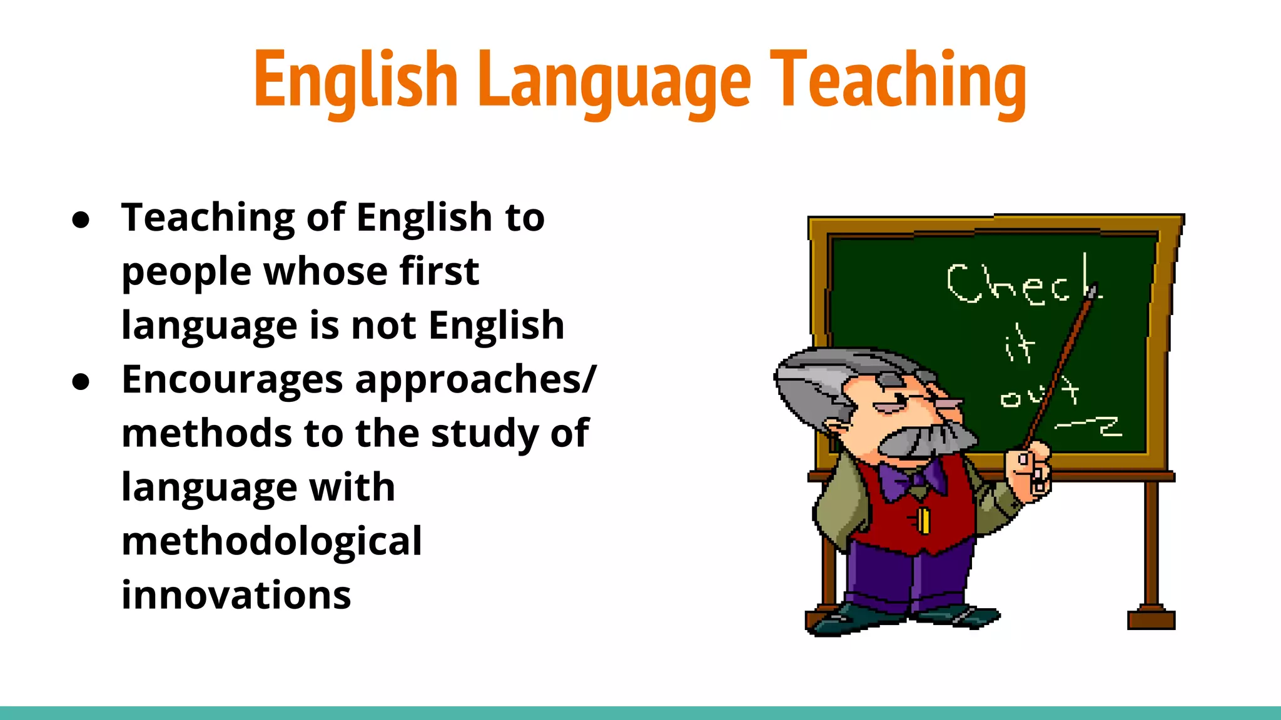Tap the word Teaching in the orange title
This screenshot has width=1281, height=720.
click(x=898, y=81)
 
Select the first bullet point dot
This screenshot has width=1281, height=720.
click(x=81, y=219)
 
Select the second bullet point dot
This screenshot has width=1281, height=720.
click(x=81, y=381)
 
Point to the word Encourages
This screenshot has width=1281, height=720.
click(x=233, y=380)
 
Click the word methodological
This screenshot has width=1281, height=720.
click(x=271, y=541)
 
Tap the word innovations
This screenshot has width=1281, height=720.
click(x=236, y=595)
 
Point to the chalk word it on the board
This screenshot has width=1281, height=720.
click(x=1020, y=344)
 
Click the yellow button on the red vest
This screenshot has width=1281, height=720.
click(x=923, y=520)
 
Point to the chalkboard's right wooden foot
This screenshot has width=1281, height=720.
click(x=1151, y=618)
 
